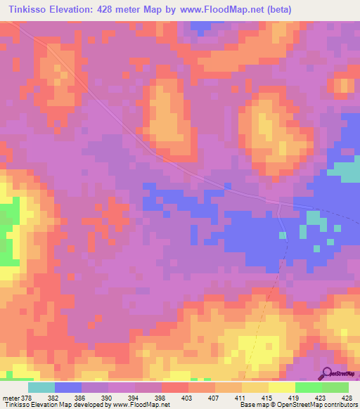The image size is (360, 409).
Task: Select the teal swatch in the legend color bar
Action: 41,387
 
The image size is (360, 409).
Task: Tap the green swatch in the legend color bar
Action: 335,387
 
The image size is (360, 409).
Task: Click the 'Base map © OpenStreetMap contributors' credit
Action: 298,405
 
